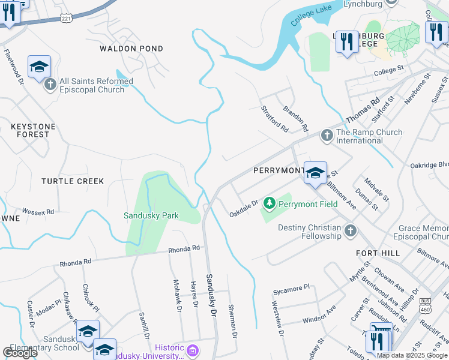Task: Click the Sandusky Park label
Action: (151, 215)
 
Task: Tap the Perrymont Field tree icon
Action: (269, 203)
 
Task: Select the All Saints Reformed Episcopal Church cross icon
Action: (50, 85)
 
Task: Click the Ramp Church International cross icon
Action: (327, 136)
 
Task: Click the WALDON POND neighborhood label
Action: (131, 49)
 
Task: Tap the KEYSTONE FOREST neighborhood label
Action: (33, 130)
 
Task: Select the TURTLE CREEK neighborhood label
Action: (73, 181)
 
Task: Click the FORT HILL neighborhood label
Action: (378, 253)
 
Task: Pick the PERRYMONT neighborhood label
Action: (278, 170)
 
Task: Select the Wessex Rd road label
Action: (38, 212)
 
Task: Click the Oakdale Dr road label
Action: (243, 209)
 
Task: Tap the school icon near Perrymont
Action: (315, 173)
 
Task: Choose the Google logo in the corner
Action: (20, 353)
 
